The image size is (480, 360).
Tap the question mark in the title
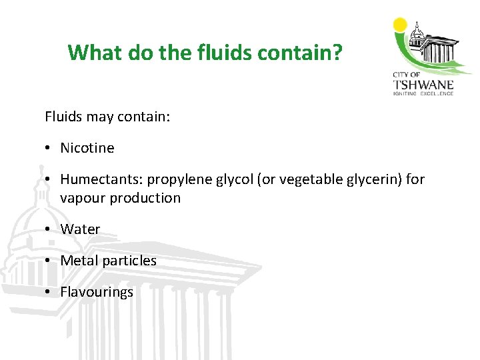click(337, 52)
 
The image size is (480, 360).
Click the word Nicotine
click(87, 148)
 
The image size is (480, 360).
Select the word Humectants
click(101, 179)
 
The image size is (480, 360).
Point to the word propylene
click(177, 179)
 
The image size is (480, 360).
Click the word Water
click(80, 229)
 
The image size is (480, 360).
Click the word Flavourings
click(97, 292)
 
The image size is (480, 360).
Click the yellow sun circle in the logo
click(400, 25)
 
